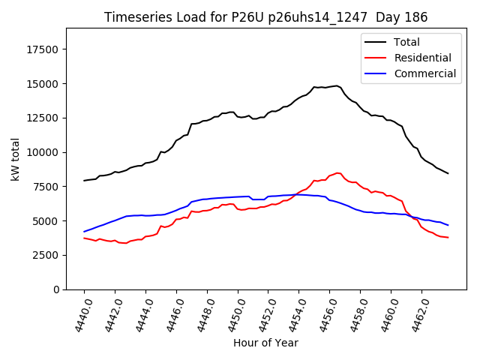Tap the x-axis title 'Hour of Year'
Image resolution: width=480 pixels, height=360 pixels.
(x=265, y=343)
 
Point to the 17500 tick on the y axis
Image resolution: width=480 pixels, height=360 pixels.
(x=43, y=49)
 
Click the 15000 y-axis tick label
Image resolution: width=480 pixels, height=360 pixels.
(x=43, y=84)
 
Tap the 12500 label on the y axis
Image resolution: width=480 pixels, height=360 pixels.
(x=43, y=118)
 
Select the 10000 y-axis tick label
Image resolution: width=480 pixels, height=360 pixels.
(x=43, y=152)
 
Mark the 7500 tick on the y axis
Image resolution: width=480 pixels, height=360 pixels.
(x=46, y=187)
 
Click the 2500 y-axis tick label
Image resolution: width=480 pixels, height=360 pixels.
(x=46, y=255)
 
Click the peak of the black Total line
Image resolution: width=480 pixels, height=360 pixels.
(x=337, y=85)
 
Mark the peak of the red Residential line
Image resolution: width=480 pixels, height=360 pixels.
(x=337, y=173)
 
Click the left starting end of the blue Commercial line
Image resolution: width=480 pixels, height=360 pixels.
(x=84, y=232)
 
